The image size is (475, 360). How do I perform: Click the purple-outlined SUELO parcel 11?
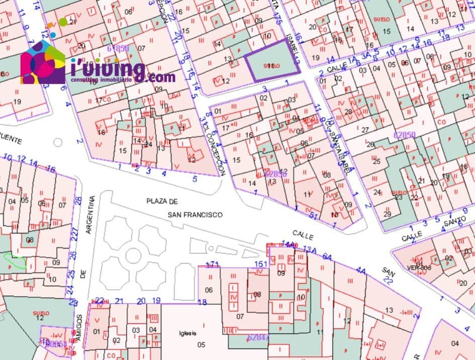271,65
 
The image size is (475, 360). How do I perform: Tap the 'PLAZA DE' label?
162,201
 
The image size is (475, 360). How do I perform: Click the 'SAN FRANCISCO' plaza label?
196,214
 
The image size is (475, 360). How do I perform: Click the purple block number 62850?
405,135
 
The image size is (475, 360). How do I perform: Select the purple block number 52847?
258,337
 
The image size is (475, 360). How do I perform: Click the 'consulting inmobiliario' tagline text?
101,80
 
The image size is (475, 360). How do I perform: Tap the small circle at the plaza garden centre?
133,255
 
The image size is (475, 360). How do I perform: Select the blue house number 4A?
360,271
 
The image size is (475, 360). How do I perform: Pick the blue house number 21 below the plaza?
119,301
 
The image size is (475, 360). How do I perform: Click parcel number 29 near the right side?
387,214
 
